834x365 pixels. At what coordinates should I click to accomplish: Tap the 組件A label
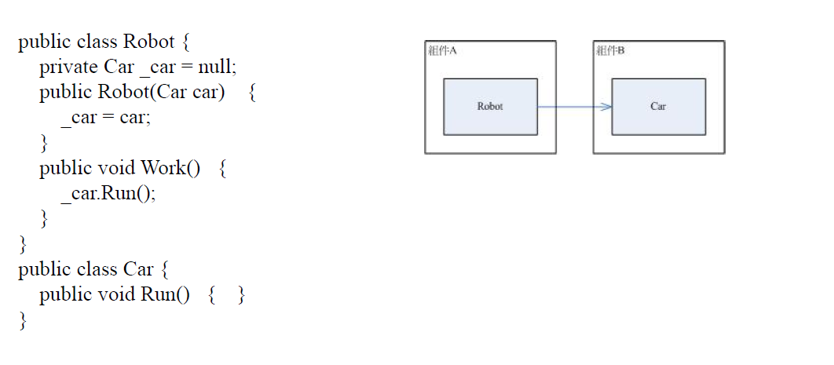pyautogui.click(x=443, y=51)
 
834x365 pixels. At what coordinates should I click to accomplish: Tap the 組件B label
pyautogui.click(x=610, y=51)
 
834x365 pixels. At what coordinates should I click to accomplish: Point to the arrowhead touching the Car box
pyautogui.click(x=606, y=107)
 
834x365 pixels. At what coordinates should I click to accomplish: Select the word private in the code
pyautogui.click(x=69, y=68)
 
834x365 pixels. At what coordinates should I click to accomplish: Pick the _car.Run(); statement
pyautogui.click(x=108, y=193)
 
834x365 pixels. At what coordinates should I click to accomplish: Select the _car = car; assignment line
pyautogui.click(x=105, y=118)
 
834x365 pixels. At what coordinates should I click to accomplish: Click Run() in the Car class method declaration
pyautogui.click(x=165, y=294)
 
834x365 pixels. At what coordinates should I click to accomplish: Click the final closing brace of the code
pyautogui.click(x=23, y=319)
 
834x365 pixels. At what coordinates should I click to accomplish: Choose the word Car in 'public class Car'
pyautogui.click(x=138, y=269)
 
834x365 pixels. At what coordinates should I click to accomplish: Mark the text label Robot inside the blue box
pyautogui.click(x=490, y=107)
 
